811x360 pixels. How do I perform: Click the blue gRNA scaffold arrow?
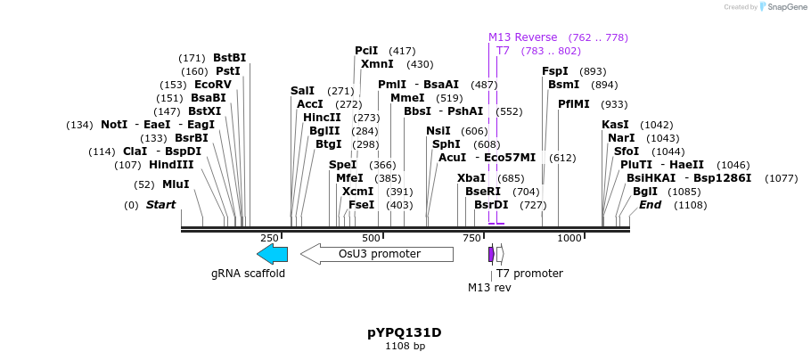tap(272, 254)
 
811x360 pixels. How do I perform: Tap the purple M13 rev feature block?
tap(491, 254)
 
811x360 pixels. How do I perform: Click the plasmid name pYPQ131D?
tap(405, 332)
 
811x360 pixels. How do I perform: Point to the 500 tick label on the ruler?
tap(371, 238)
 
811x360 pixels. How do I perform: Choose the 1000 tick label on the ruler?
tap(569, 238)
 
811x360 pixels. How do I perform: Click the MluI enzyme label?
tap(176, 184)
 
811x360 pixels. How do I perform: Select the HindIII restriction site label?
tap(171, 165)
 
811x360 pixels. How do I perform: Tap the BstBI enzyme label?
tap(229, 58)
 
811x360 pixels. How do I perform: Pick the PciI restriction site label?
tap(366, 51)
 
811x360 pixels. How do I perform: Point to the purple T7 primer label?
tap(503, 51)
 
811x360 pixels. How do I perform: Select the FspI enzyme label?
tap(555, 71)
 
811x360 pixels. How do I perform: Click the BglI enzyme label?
tap(645, 192)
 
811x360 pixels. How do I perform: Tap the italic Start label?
tap(161, 205)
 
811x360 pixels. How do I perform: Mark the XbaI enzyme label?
tap(471, 178)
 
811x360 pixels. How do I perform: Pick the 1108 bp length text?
tap(405, 346)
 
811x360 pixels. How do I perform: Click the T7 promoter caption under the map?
tap(529, 274)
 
